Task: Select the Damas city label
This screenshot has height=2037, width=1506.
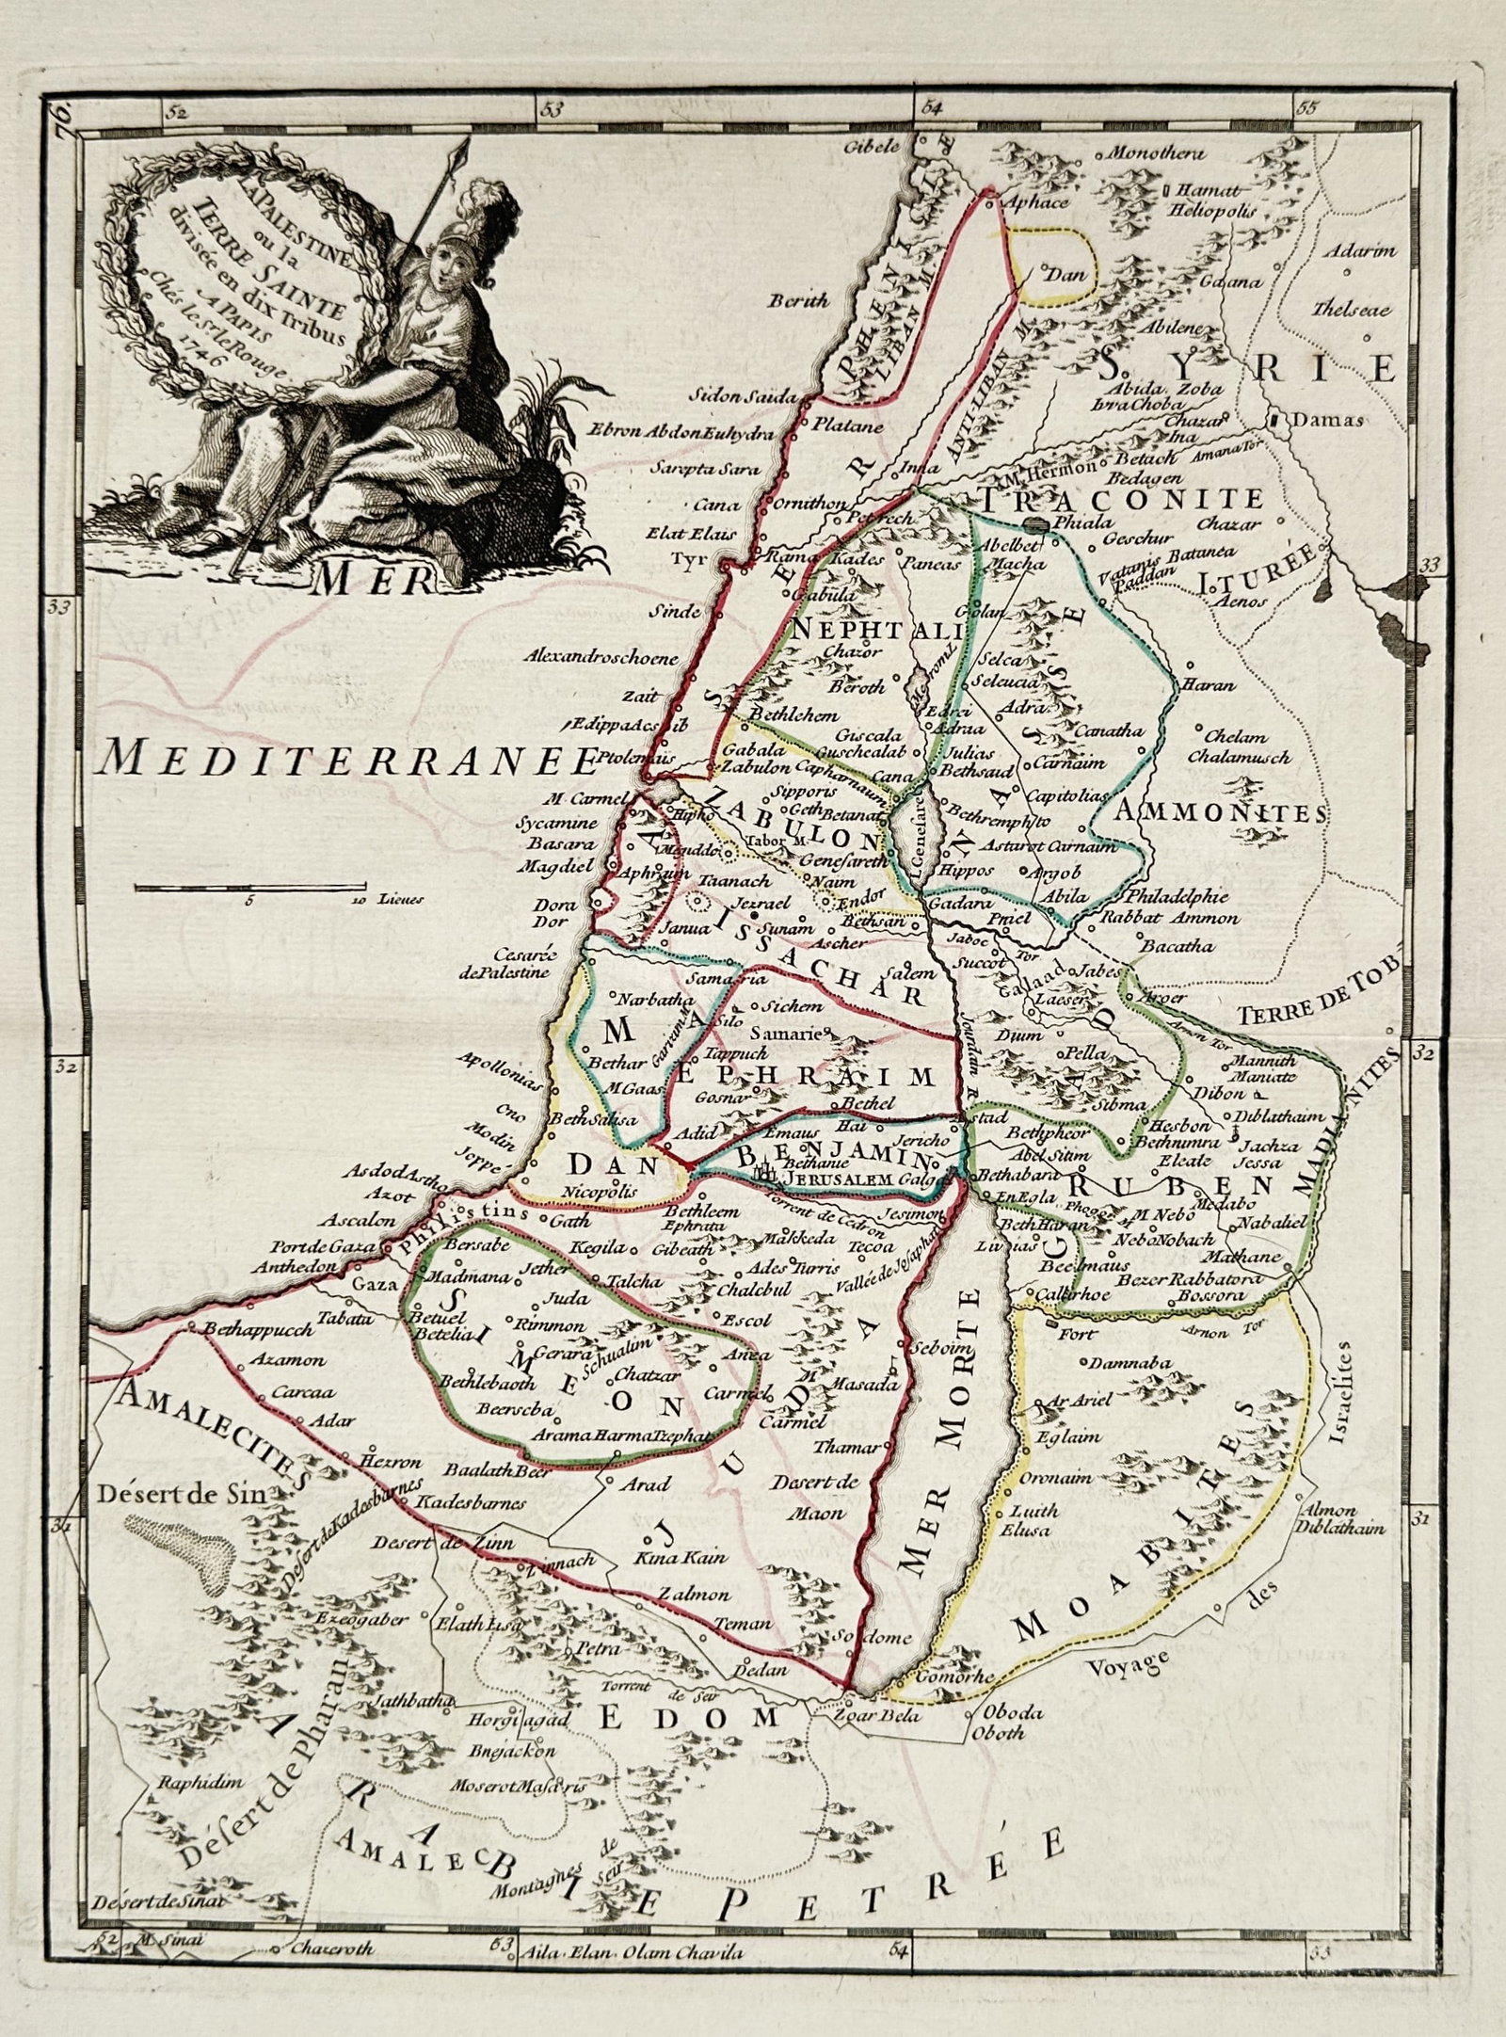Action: pos(1327,421)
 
